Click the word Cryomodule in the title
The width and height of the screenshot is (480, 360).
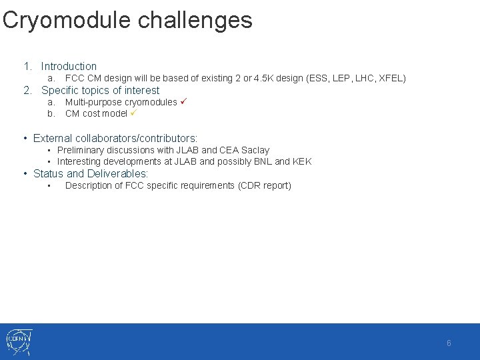pyautogui.click(x=67, y=20)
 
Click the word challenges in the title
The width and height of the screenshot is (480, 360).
pyautogui.click(x=195, y=20)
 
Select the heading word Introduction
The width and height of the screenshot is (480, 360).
pyautogui.click(x=69, y=66)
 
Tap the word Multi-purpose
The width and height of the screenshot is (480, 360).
pyautogui.click(x=93, y=103)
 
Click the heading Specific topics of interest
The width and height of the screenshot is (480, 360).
pyautogui.click(x=100, y=91)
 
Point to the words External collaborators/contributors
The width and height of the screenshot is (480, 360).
pyautogui.click(x=115, y=138)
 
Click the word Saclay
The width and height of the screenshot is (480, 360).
pyautogui.click(x=255, y=151)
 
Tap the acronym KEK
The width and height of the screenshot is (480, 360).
pyautogui.click(x=302, y=161)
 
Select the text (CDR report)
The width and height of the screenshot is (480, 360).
pyautogui.click(x=265, y=185)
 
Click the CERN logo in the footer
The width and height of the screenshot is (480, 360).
pyautogui.click(x=19, y=342)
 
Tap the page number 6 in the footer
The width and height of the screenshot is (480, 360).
pyautogui.click(x=449, y=343)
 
